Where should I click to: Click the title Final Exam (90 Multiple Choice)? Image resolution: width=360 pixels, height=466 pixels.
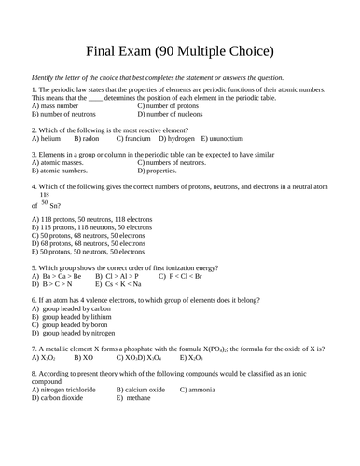coord(179,49)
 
